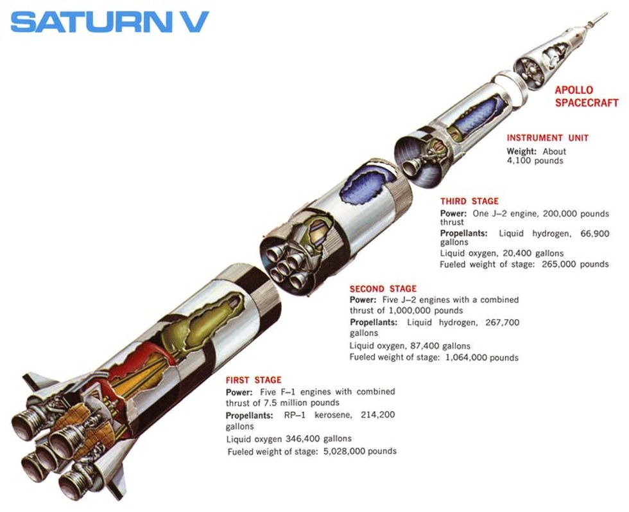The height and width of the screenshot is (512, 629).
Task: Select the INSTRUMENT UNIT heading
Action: point(547,138)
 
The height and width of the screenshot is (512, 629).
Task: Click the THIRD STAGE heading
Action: point(469,201)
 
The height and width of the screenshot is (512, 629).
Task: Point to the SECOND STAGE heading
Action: point(383,288)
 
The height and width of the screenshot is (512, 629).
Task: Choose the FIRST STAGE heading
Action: point(254,380)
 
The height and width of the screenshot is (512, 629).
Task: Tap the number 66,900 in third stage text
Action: point(594,233)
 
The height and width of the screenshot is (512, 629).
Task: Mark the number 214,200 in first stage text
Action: point(377,415)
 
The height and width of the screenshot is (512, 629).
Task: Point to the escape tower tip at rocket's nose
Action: point(603,14)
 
